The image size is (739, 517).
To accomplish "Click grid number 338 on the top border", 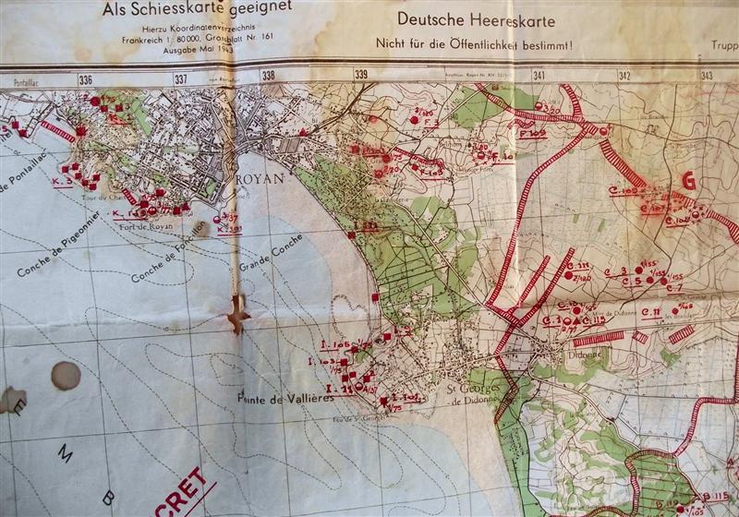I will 269,77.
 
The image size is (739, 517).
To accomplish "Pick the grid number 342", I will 625,76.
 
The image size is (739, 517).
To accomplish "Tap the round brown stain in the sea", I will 65,375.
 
